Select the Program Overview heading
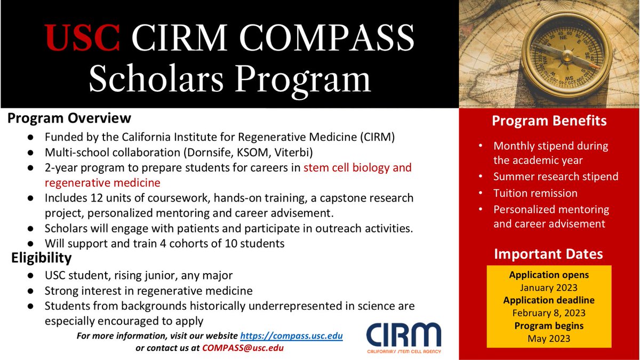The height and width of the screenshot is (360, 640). point(69,118)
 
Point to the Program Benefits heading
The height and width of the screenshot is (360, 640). point(549,121)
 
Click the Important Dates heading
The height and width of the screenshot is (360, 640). point(549,254)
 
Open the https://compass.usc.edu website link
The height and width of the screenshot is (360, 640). point(291,336)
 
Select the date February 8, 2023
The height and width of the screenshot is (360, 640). point(549,313)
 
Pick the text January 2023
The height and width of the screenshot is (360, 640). point(549,288)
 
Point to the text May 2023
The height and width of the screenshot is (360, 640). point(549,338)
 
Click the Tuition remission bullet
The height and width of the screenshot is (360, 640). point(535,193)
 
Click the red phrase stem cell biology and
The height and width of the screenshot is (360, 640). point(357,167)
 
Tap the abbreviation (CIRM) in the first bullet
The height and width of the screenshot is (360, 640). point(375,136)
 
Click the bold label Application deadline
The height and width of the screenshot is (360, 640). point(549,300)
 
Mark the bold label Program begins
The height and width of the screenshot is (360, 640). point(549,325)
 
